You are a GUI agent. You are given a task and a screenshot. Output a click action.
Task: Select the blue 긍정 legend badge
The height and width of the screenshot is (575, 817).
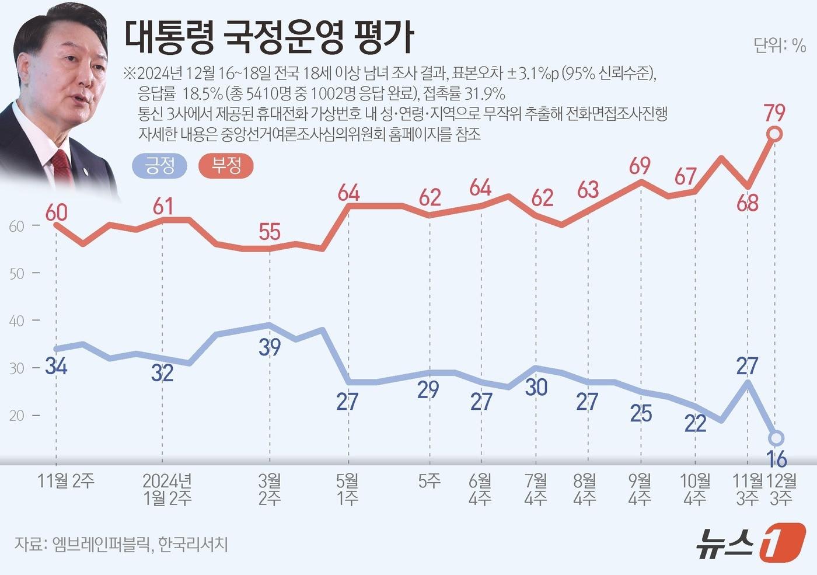[x=160, y=166]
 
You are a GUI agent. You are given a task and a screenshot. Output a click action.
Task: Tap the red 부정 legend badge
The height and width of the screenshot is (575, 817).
[x=226, y=166]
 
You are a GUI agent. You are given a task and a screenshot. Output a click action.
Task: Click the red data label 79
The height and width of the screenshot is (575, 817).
[x=774, y=112]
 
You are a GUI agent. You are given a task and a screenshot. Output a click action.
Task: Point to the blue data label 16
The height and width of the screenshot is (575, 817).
[x=777, y=459]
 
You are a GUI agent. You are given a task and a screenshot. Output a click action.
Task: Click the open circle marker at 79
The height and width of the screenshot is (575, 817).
[x=774, y=134]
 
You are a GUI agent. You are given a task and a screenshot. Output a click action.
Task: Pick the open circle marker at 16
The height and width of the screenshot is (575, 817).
[x=776, y=438]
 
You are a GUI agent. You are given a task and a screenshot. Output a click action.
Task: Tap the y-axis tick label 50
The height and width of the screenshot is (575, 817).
[x=17, y=274]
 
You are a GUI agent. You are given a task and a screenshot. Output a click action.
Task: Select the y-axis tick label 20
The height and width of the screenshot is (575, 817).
[x=17, y=416]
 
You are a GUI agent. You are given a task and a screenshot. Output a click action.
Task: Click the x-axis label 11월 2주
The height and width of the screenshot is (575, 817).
[x=65, y=481]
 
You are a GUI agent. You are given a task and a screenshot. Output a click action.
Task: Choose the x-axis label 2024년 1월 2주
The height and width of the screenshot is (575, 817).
[x=167, y=489]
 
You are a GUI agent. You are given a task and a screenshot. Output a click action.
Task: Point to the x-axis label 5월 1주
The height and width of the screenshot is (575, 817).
[x=348, y=489]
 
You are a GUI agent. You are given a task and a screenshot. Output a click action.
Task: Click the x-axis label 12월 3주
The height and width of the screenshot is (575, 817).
[x=781, y=489]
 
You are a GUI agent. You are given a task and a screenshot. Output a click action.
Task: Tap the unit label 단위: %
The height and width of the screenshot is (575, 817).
[x=779, y=45]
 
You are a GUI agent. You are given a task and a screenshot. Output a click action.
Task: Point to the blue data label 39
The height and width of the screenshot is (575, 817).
[x=270, y=347]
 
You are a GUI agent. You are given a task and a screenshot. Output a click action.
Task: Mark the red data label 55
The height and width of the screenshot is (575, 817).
[x=270, y=232]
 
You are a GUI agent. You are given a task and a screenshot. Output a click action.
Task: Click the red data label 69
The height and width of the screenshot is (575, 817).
[x=640, y=166]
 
